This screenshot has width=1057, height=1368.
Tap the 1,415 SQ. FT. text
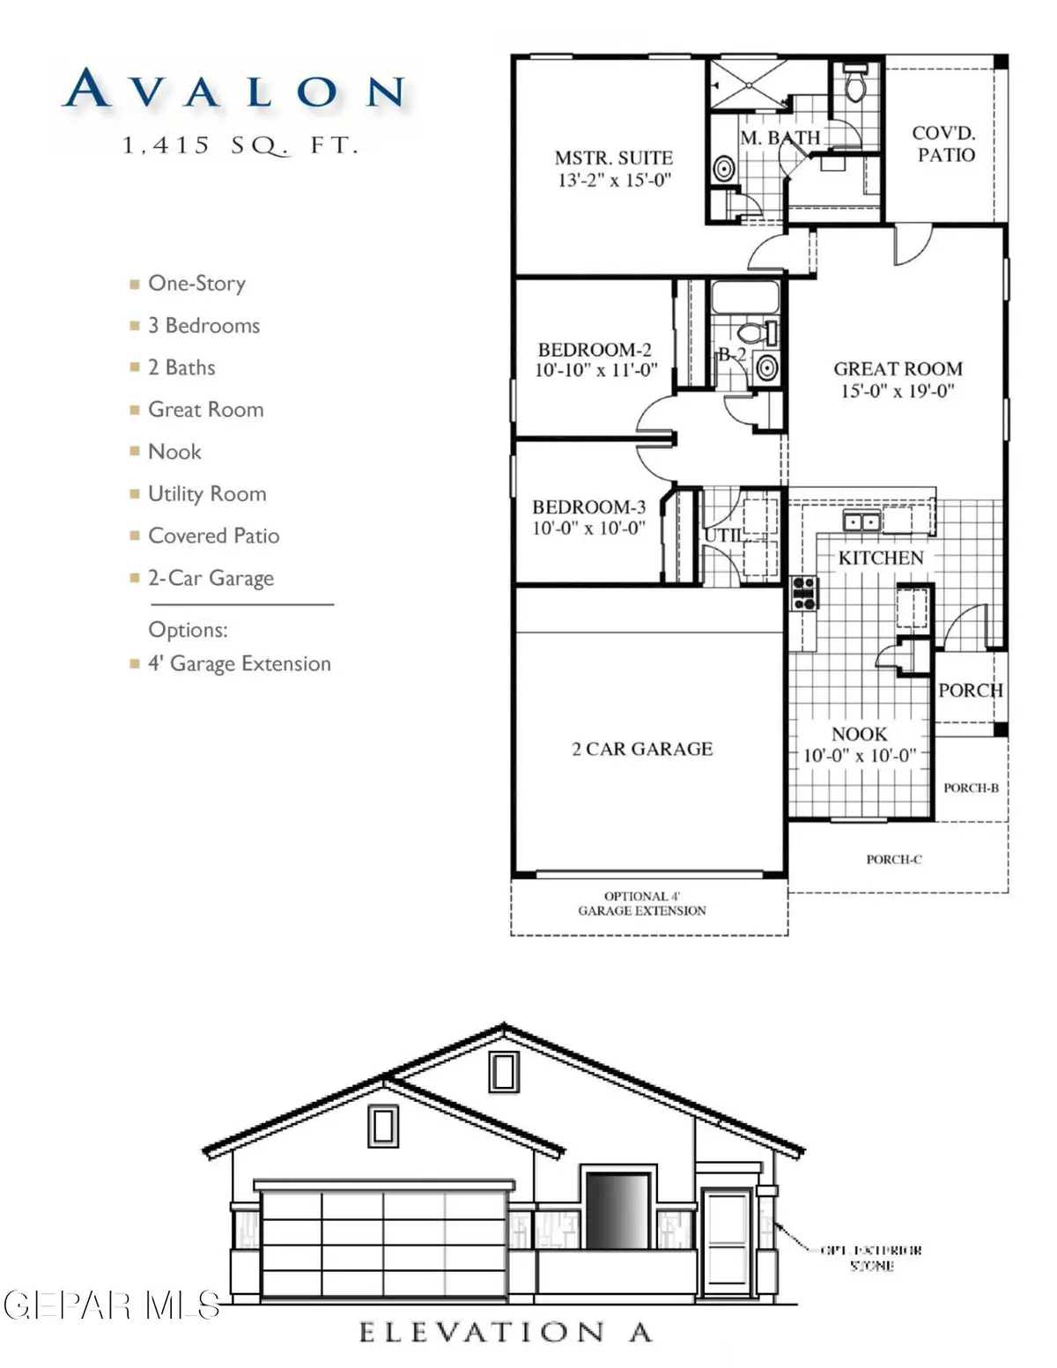coord(240,145)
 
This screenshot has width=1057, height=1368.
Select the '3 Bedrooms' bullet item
coord(203,326)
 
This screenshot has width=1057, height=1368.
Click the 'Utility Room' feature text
coord(207,494)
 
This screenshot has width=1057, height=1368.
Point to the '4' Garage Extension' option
coord(239,664)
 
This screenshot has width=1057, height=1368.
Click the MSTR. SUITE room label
coord(614,159)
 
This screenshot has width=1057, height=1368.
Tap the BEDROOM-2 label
coord(595,350)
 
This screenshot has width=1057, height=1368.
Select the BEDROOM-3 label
coord(588,507)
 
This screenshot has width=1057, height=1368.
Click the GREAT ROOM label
coord(898,369)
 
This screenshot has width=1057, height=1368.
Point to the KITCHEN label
coord(881,558)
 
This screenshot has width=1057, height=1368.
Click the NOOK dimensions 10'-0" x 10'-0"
coord(860,756)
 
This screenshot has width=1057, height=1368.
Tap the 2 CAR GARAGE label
coord(642,749)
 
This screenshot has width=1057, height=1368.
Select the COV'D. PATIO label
coord(943,144)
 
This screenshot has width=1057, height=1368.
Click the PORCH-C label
coord(893,860)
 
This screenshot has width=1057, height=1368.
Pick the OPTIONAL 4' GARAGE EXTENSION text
coord(642,904)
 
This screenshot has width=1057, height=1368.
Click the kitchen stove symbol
coord(804,593)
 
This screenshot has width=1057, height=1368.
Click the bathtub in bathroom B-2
coord(744,298)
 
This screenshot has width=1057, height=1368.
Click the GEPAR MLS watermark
coord(111,1305)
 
